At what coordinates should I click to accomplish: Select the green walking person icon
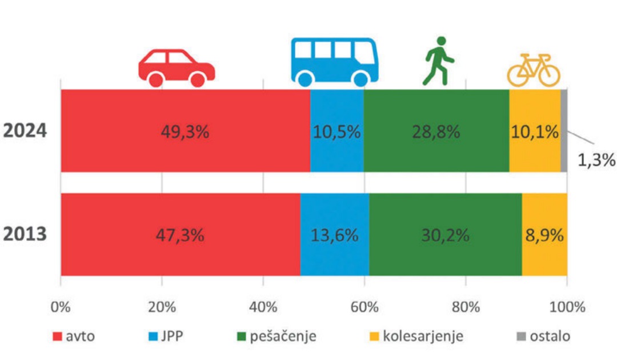tap(439, 61)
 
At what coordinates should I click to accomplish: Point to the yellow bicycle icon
tap(534, 70)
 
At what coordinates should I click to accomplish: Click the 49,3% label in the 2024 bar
tap(185, 131)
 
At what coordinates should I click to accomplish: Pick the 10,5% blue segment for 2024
tap(336, 131)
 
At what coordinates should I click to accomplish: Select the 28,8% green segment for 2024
tap(436, 131)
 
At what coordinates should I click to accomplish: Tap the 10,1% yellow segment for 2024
tap(534, 131)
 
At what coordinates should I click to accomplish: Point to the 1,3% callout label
tap(596, 158)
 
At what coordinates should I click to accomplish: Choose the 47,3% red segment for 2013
tap(180, 235)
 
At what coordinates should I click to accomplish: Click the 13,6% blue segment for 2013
tap(335, 235)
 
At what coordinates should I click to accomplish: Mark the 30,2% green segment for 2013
tap(446, 235)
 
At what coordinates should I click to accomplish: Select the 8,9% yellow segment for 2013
tap(544, 235)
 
